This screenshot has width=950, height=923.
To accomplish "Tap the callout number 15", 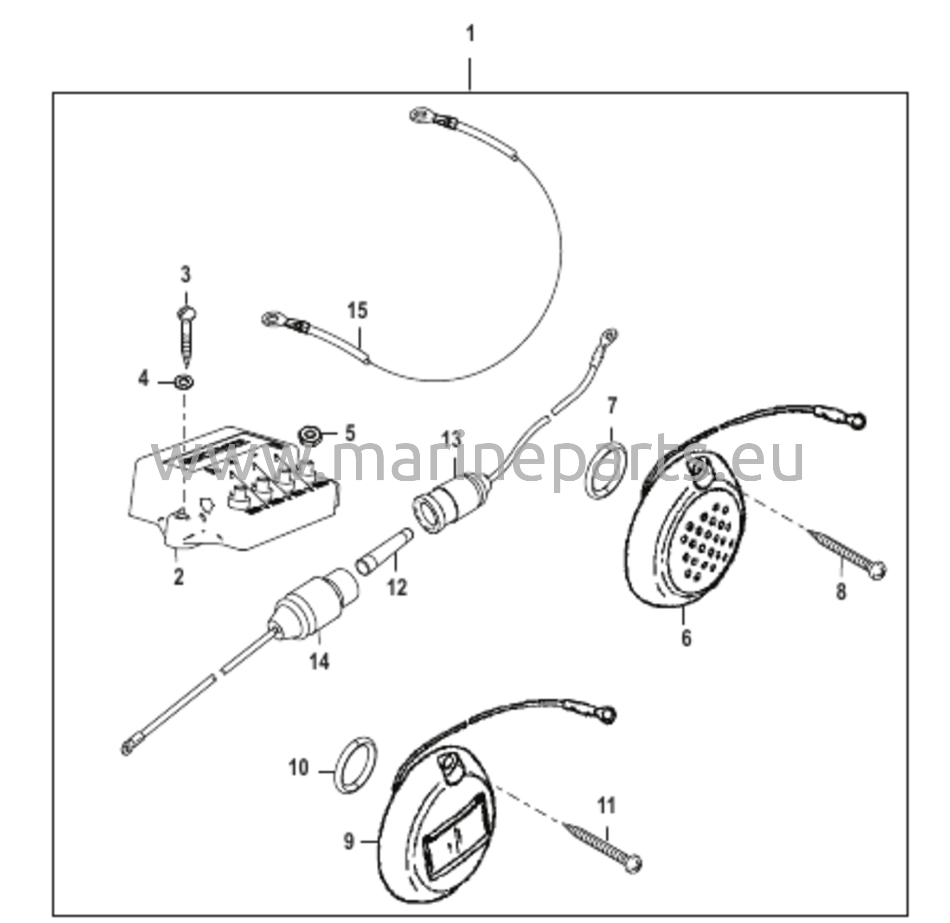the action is pyautogui.click(x=358, y=310).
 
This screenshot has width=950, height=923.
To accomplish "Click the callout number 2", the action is pyautogui.click(x=179, y=577).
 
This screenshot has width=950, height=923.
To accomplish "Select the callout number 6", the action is pyautogui.click(x=686, y=638).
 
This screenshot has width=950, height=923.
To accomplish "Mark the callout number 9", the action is pyautogui.click(x=349, y=842).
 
